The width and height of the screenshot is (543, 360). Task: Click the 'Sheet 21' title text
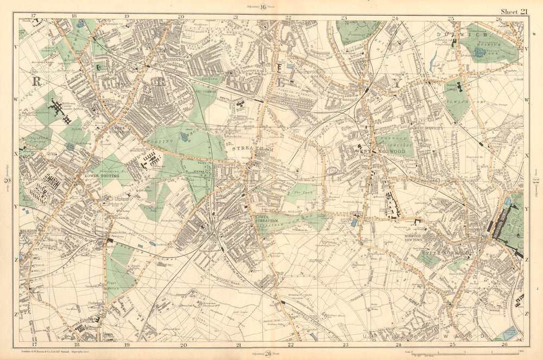(x=514, y=11)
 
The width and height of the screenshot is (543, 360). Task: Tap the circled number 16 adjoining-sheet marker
(x=263, y=7)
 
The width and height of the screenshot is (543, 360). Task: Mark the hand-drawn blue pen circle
(x=331, y=170)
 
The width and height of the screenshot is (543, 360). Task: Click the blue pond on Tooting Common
(x=185, y=137)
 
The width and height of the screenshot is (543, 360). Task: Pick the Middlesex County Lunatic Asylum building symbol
(x=58, y=109)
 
